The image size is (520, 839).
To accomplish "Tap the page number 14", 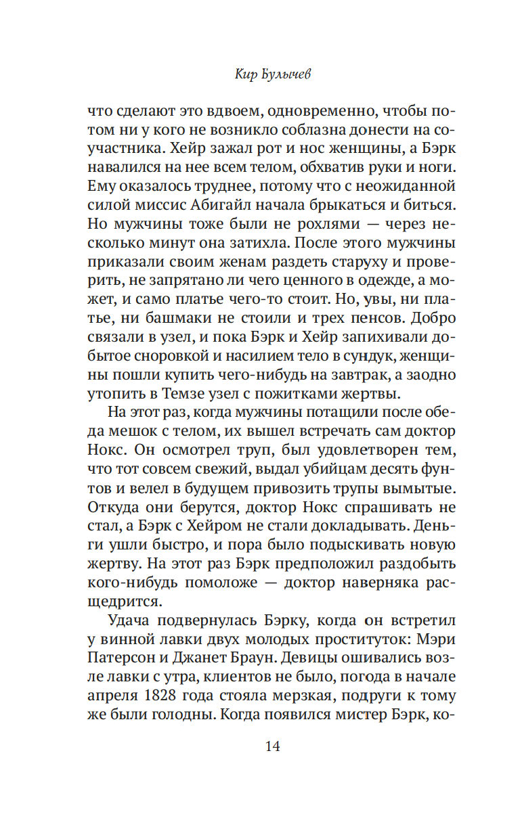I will (272, 747).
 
